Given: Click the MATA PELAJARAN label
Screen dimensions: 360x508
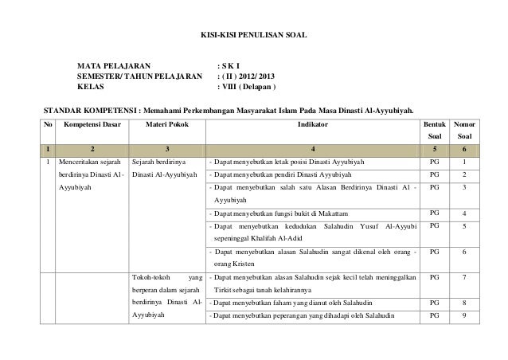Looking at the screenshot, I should pyautogui.click(x=111, y=63).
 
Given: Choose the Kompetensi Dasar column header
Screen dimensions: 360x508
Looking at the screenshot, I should pyautogui.click(x=92, y=125).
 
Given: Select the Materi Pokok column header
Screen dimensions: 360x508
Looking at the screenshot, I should pyautogui.click(x=166, y=125).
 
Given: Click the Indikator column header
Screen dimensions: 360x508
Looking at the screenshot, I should pyautogui.click(x=311, y=125).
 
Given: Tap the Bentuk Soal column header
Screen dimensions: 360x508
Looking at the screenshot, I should pyautogui.click(x=434, y=132).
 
